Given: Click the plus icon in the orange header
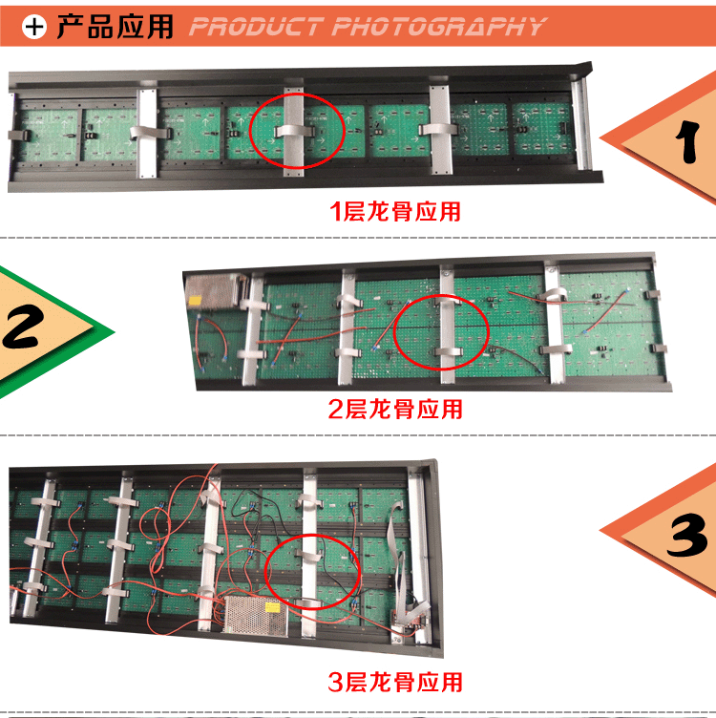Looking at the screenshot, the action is [x=34, y=27].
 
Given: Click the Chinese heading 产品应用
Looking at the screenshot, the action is [x=115, y=27].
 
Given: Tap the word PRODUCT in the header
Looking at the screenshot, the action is [x=255, y=27].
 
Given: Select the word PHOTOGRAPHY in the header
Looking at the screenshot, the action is [x=439, y=27].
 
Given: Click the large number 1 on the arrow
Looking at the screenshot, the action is [x=687, y=141].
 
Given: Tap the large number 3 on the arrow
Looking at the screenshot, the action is [x=686, y=536].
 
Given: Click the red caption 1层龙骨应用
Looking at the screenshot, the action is [x=395, y=212].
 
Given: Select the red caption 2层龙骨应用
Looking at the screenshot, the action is [x=395, y=409].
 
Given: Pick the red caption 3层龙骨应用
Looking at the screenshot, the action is [x=395, y=683].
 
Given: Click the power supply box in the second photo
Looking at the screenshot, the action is [x=214, y=292].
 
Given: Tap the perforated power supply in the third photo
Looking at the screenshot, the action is [x=255, y=616].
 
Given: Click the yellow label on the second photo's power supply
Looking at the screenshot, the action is [x=196, y=301].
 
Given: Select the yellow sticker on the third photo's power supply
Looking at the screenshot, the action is [x=272, y=607].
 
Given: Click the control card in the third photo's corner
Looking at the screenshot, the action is [x=409, y=622].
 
